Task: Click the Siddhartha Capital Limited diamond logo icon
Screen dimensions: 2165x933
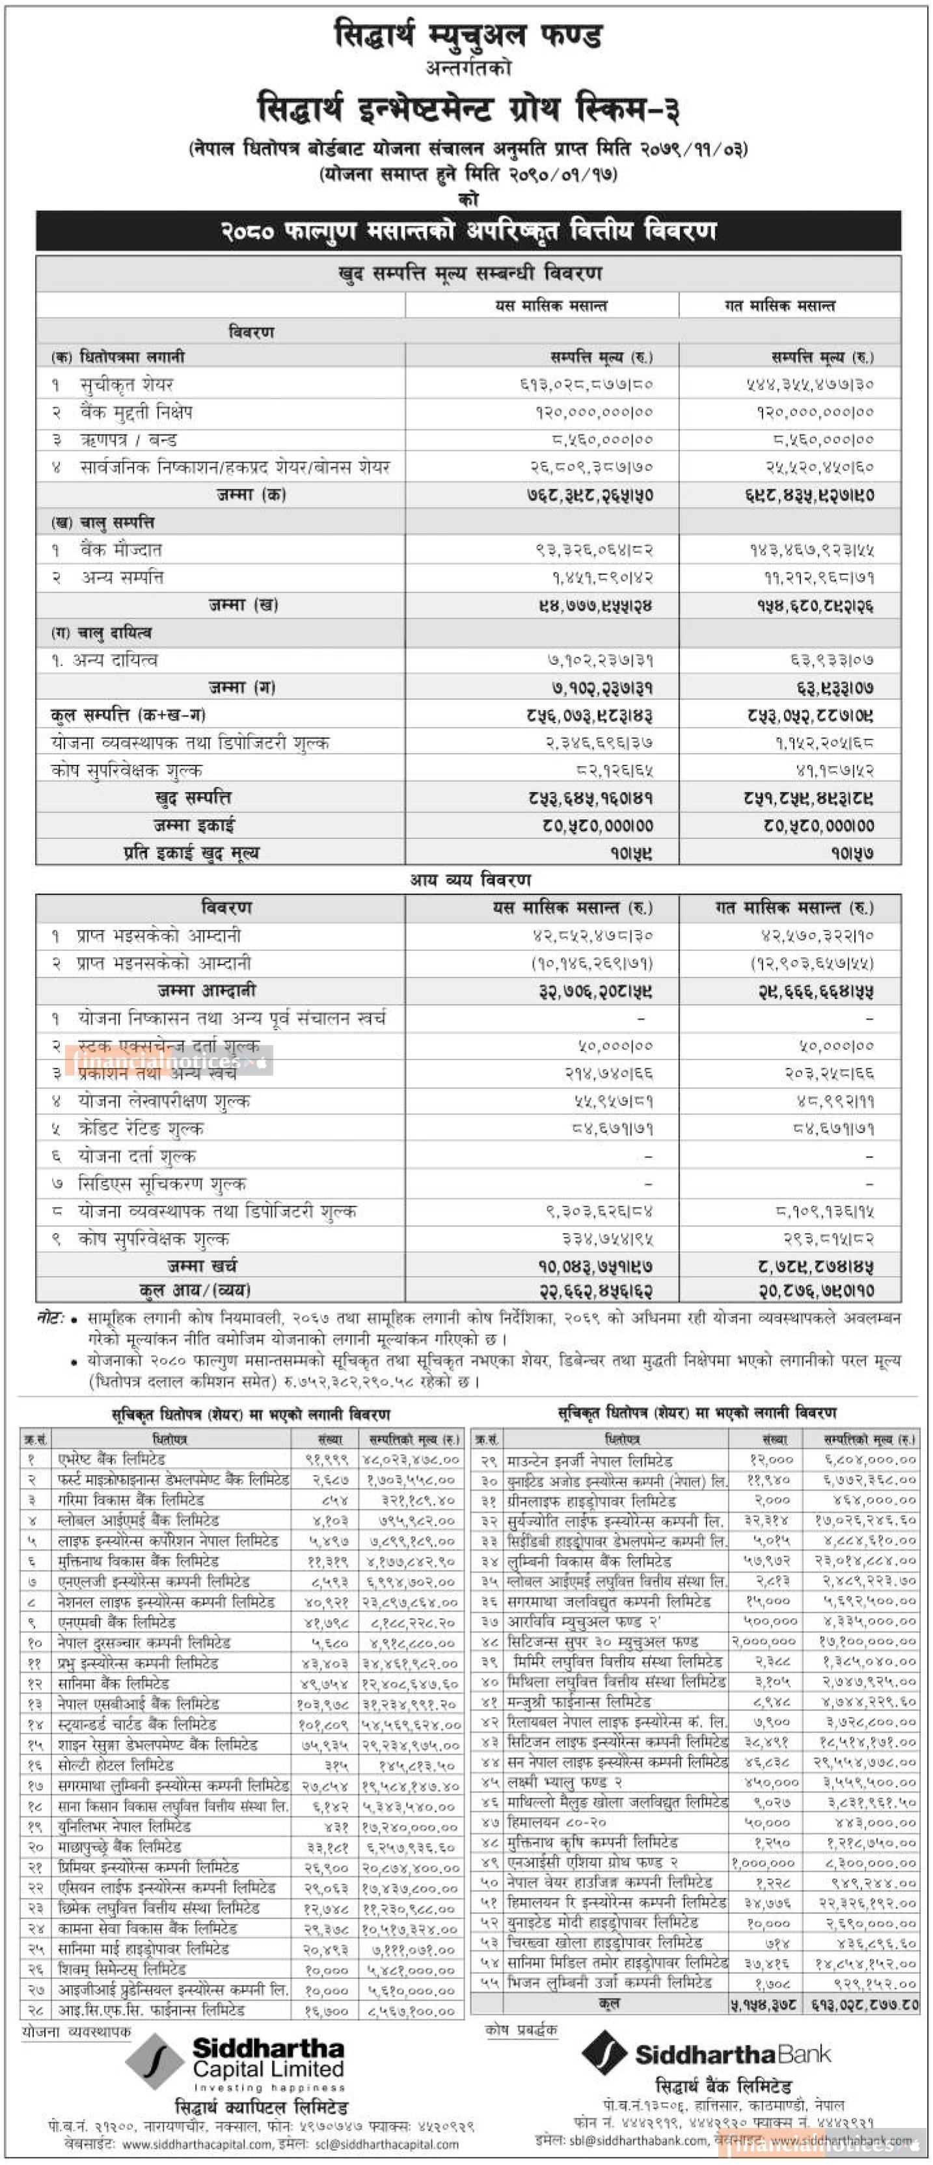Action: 155,2062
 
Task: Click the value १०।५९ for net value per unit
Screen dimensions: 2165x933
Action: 634,853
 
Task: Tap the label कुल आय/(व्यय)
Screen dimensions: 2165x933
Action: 195,1289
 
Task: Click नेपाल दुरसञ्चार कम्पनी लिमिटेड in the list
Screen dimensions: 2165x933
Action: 144,1642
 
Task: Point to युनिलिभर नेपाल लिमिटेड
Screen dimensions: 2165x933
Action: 124,1826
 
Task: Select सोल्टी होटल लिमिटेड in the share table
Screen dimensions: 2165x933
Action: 116,1765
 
